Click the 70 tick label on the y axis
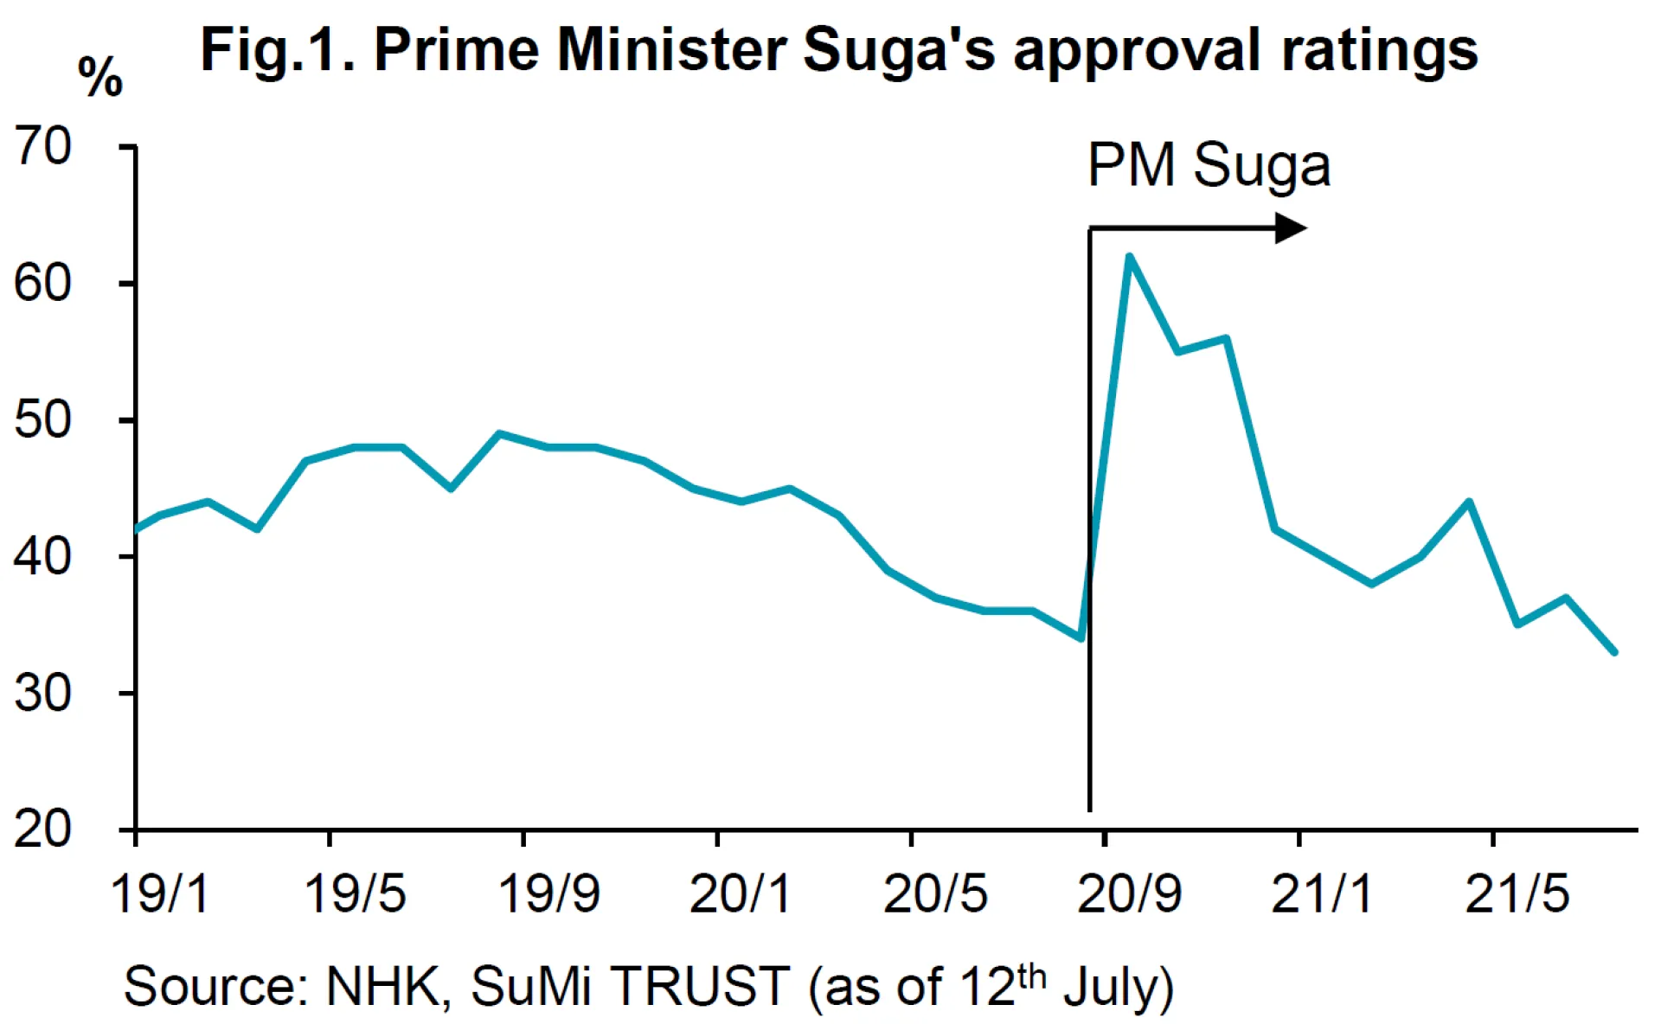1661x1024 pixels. (42, 146)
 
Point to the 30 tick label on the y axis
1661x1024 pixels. (42, 693)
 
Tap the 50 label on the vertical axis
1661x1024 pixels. (42, 420)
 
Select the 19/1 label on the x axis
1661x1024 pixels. (160, 893)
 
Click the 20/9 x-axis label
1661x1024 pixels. (1129, 893)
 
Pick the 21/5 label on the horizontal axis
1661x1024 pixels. (1517, 893)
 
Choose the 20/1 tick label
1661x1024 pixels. (741, 893)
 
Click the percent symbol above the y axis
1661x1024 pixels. (100, 78)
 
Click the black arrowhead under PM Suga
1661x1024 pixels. (1291, 228)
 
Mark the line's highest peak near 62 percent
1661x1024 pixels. (1129, 256)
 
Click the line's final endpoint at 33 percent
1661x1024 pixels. (1614, 652)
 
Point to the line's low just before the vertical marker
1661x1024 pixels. (1081, 638)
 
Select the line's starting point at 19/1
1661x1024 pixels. (138, 529)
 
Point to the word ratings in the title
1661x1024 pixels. (1379, 52)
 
